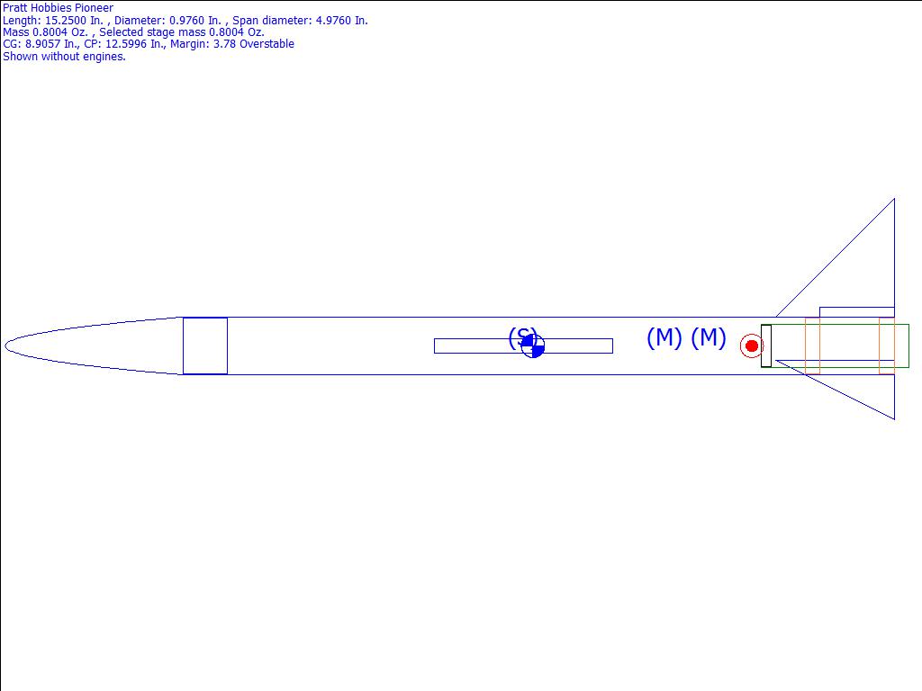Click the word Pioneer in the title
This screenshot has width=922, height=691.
[94, 8]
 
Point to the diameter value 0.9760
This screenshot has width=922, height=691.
[189, 21]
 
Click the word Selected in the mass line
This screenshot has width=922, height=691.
[122, 32]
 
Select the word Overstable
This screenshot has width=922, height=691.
[267, 44]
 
